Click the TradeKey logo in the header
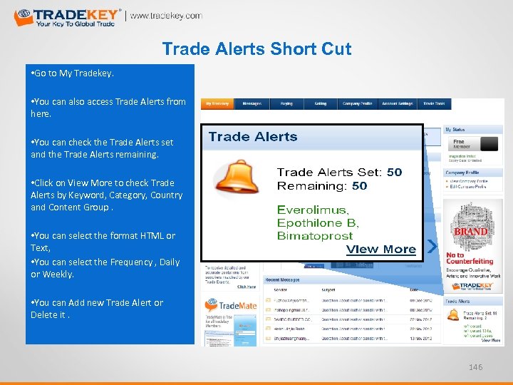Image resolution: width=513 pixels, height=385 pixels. pos(68,16)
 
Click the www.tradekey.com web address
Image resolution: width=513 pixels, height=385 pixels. pos(166,16)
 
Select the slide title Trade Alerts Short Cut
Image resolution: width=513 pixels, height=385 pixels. pos(256,49)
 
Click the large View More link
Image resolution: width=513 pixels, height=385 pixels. pos(380,249)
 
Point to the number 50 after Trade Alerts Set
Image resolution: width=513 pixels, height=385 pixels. pos(394,172)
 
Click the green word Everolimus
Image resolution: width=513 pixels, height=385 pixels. pos(313,210)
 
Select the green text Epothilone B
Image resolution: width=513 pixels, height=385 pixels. pos(318,222)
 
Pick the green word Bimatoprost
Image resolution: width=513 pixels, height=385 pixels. pos(315,235)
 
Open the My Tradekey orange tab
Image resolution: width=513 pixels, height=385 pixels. pos(217,104)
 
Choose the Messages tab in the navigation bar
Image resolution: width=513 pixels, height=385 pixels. pos(252,104)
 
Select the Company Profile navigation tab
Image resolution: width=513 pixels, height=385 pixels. pos(357,104)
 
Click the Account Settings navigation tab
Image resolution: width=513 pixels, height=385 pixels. pos(397,104)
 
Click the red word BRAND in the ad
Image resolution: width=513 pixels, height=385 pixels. pos(471,232)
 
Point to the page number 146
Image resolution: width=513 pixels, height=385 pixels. pos(477,367)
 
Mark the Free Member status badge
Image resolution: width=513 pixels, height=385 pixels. pos(459,144)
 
